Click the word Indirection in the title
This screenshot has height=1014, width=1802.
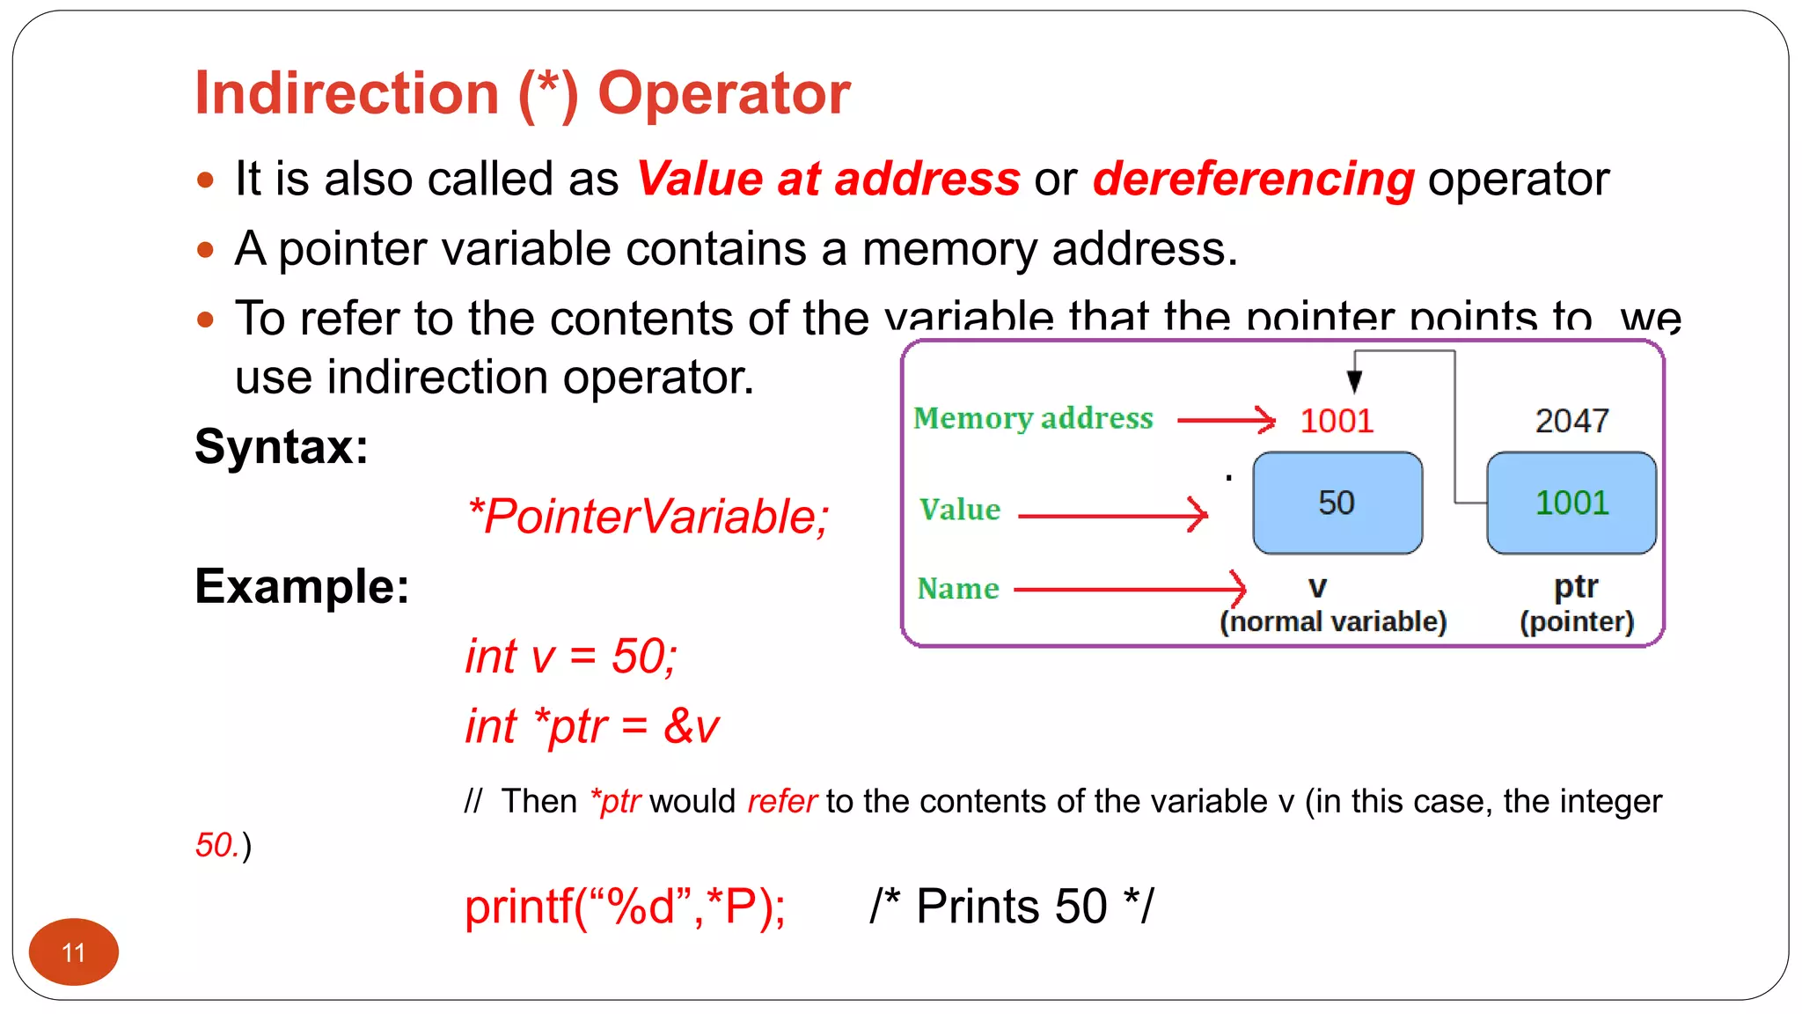pyautogui.click(x=347, y=93)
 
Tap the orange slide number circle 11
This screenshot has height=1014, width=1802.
pyautogui.click(x=74, y=952)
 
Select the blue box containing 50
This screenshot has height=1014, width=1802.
pyautogui.click(x=1337, y=503)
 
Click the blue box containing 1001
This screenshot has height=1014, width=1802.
pyautogui.click(x=1571, y=503)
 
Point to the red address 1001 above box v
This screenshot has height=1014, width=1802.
pyautogui.click(x=1337, y=421)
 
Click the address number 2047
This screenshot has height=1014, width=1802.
pyautogui.click(x=1571, y=421)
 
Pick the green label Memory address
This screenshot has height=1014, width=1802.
pyautogui.click(x=1033, y=418)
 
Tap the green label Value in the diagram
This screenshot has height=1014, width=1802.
pyautogui.click(x=960, y=510)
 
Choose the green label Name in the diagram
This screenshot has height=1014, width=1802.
pyautogui.click(x=958, y=588)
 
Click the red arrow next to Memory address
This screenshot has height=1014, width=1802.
pyautogui.click(x=1226, y=421)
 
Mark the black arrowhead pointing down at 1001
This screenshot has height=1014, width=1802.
pyautogui.click(x=1355, y=380)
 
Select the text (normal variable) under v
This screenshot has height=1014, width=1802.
pyautogui.click(x=1333, y=621)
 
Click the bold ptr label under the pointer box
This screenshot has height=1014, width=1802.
pyautogui.click(x=1575, y=586)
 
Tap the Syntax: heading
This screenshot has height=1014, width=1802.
pyautogui.click(x=282, y=446)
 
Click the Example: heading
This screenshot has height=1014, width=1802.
pyautogui.click(x=302, y=586)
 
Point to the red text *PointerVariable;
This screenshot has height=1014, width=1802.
pyautogui.click(x=648, y=516)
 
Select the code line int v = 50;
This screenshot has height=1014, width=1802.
pyautogui.click(x=571, y=656)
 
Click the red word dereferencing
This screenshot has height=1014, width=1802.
pyautogui.click(x=1253, y=179)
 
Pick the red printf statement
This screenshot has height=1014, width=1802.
pyautogui.click(x=625, y=906)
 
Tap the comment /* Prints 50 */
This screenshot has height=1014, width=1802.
pyautogui.click(x=1012, y=906)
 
